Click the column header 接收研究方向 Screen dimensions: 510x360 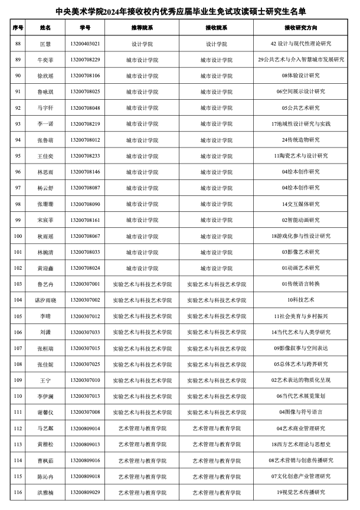(x=301, y=27)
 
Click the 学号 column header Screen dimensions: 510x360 (x=85, y=27)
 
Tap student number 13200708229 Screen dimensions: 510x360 (x=85, y=60)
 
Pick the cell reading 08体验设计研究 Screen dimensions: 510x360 (x=301, y=76)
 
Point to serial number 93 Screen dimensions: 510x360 (x=18, y=124)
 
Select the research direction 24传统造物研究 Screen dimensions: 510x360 (x=301, y=140)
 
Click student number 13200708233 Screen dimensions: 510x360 (x=85, y=156)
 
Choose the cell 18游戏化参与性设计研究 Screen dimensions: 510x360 (x=301, y=236)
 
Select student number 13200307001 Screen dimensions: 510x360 (x=85, y=284)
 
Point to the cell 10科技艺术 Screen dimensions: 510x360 (x=301, y=300)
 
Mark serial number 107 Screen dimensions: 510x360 (x=18, y=348)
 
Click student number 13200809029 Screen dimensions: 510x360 (x=85, y=492)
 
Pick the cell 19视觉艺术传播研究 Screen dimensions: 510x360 (x=301, y=492)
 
